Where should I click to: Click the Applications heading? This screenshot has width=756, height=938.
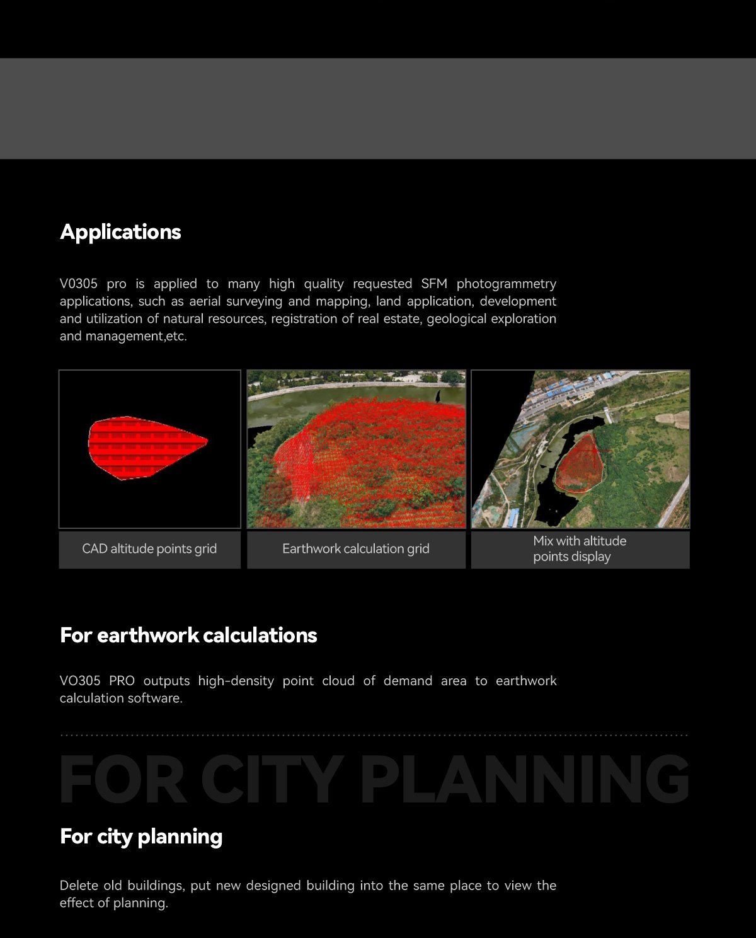[x=120, y=232]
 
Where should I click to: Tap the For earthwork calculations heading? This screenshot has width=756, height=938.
[x=188, y=635]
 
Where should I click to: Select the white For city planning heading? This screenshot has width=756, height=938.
[x=141, y=837]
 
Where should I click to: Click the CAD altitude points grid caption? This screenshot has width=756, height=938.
[x=149, y=549]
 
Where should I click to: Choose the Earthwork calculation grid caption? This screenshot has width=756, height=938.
[x=356, y=549]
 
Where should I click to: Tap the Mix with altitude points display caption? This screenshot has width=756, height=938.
[x=579, y=549]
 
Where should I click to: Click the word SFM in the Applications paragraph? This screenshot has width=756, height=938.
[x=434, y=284]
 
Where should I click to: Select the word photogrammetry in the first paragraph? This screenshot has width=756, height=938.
[x=507, y=284]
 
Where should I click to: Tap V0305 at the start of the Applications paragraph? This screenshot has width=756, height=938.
[x=79, y=284]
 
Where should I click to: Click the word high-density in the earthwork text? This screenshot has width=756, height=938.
[x=236, y=681]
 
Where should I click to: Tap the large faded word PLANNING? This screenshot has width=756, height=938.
[x=525, y=780]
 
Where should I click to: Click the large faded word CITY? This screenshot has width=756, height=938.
[x=272, y=780]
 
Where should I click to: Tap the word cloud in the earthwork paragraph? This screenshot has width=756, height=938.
[x=338, y=681]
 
